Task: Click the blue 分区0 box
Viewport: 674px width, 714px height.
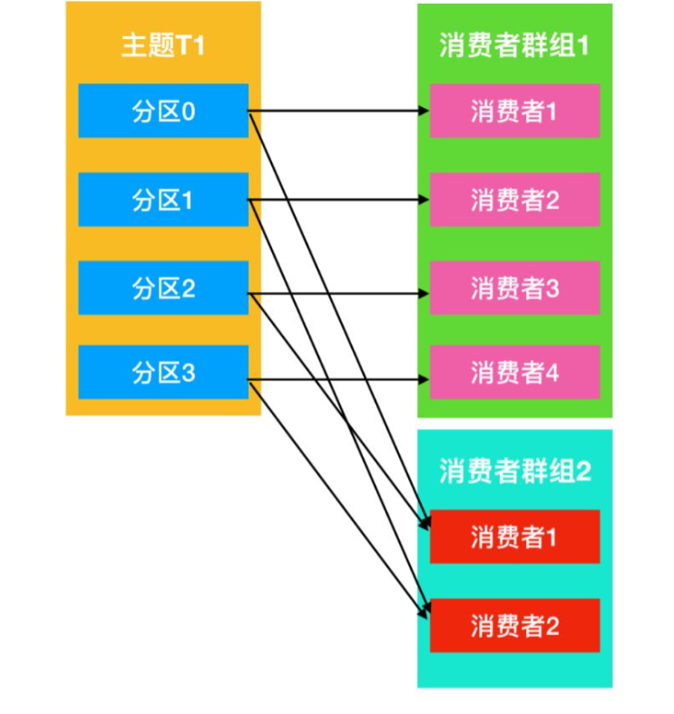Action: point(163,111)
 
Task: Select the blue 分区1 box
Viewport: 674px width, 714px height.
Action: point(163,199)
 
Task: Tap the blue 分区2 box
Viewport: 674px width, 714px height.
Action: point(163,288)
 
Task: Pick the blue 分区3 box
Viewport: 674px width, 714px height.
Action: point(163,372)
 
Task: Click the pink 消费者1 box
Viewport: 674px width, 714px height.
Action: point(514,111)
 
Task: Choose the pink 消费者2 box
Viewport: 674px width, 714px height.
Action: point(514,199)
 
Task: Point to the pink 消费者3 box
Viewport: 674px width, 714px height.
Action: point(514,288)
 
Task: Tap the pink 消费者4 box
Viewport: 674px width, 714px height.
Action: point(514,372)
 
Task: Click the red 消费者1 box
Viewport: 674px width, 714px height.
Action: point(514,536)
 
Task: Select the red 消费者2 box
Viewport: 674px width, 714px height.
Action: point(514,624)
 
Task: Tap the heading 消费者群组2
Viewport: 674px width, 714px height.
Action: point(514,471)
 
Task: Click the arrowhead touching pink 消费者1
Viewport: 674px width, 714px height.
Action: point(424,112)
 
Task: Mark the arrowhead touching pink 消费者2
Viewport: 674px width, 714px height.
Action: point(424,200)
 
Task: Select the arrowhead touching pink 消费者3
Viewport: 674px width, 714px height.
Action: point(424,293)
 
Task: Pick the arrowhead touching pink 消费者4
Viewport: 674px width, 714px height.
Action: point(424,381)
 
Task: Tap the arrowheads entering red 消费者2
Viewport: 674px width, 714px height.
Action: point(424,615)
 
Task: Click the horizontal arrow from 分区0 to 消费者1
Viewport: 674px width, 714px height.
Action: point(336,112)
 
